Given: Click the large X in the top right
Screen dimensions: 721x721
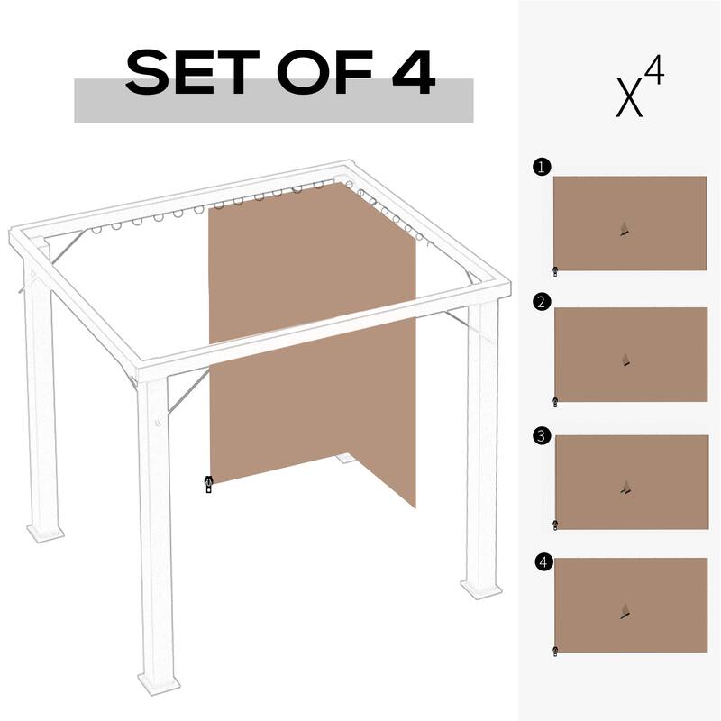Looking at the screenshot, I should click(x=630, y=99).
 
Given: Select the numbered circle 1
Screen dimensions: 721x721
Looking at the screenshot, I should click(x=540, y=167).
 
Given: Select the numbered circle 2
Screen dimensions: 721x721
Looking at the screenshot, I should click(x=541, y=302).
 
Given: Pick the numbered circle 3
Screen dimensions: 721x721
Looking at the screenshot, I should click(x=541, y=436).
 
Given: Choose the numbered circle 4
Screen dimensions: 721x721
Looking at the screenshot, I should click(x=542, y=562).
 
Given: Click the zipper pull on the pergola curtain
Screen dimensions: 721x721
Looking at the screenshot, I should click(x=208, y=485).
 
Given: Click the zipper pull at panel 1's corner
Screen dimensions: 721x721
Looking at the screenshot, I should click(x=555, y=269).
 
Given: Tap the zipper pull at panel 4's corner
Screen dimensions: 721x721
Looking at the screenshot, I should click(x=555, y=650).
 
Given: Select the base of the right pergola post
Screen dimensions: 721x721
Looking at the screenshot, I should click(x=480, y=587).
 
